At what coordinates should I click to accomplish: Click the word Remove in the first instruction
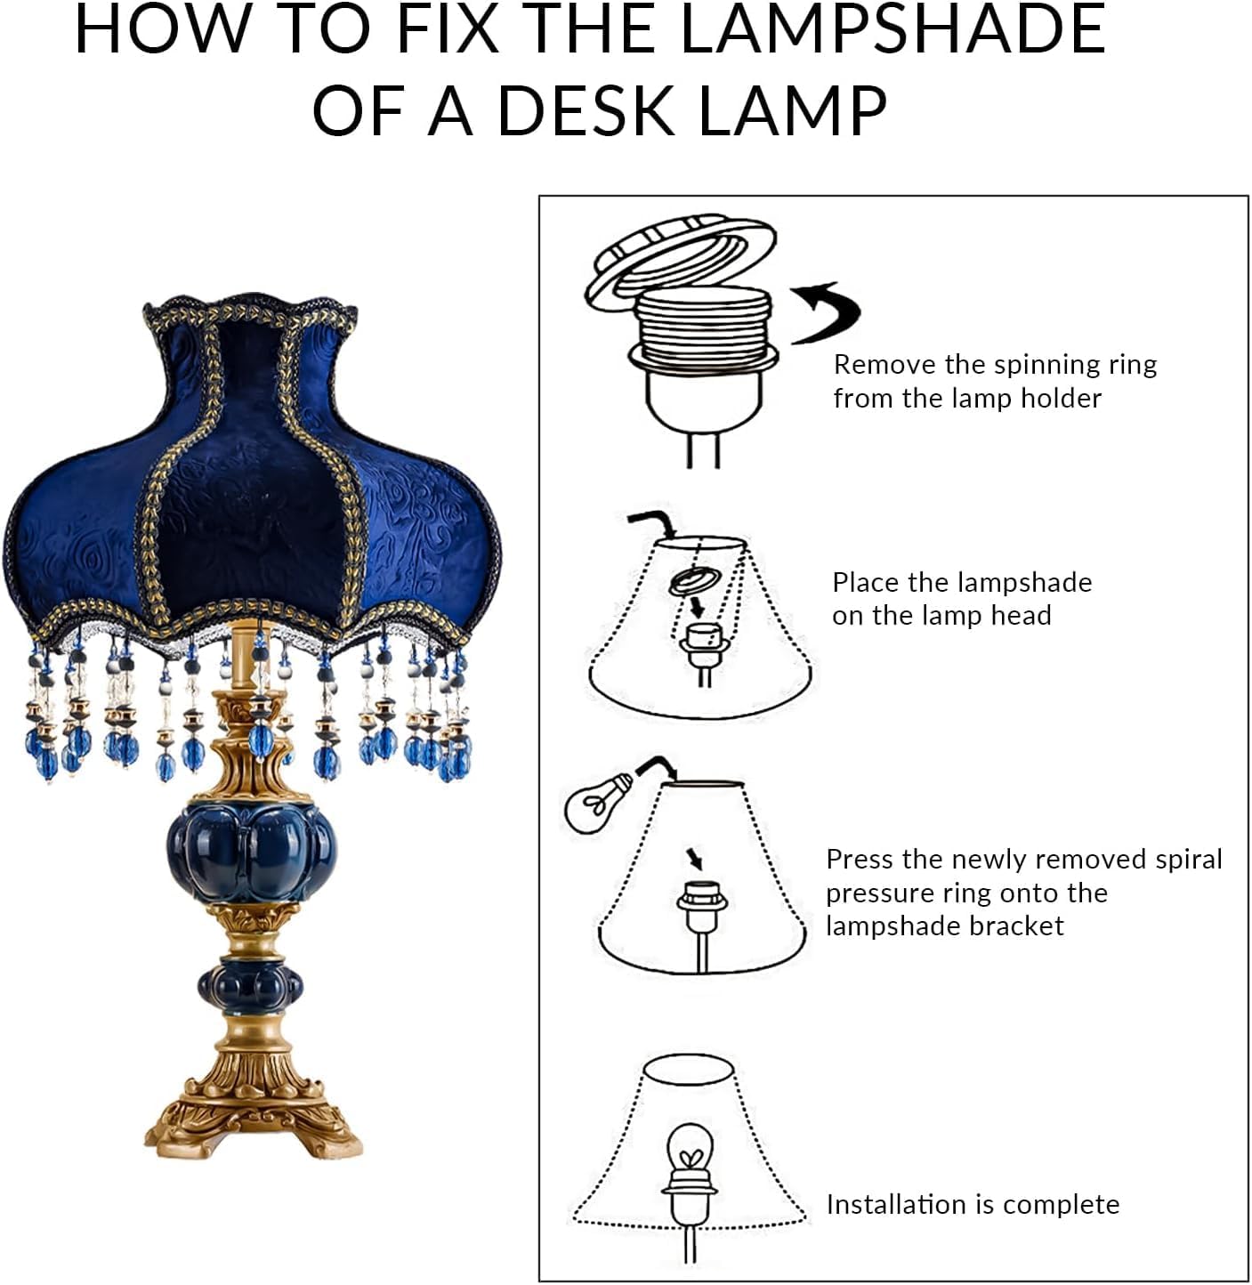(x=884, y=365)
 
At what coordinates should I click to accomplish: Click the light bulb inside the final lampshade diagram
(x=689, y=1151)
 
